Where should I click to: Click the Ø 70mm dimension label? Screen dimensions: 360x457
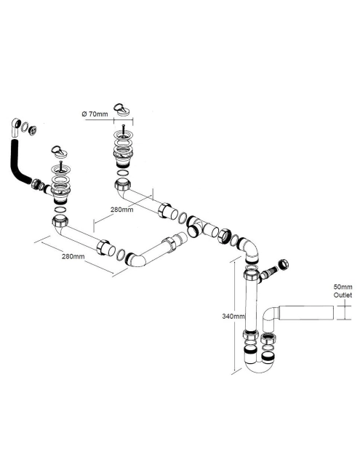coord(95,114)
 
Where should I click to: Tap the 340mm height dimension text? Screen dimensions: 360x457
coord(233,316)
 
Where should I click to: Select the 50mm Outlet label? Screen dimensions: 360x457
coord(343,291)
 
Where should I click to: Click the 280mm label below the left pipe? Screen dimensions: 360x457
coord(73,256)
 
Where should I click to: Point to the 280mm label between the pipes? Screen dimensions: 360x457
coord(121,210)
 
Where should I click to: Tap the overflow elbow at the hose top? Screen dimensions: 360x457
coord(15,127)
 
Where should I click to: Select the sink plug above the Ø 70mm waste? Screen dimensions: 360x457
coord(121,108)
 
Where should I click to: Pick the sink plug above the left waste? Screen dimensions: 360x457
coord(59,151)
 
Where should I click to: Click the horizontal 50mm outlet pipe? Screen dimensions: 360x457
coord(306,314)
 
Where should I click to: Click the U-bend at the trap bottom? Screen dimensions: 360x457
coord(259,364)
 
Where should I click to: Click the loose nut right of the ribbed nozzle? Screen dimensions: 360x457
coord(283,264)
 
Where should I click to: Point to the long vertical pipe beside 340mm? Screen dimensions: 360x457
coord(251,306)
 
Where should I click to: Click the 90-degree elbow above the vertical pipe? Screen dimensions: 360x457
coord(249,249)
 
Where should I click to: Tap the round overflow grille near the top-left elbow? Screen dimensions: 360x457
coord(33,130)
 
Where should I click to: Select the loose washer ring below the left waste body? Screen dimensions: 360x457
coord(60,210)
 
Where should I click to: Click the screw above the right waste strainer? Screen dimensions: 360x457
coord(124,129)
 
